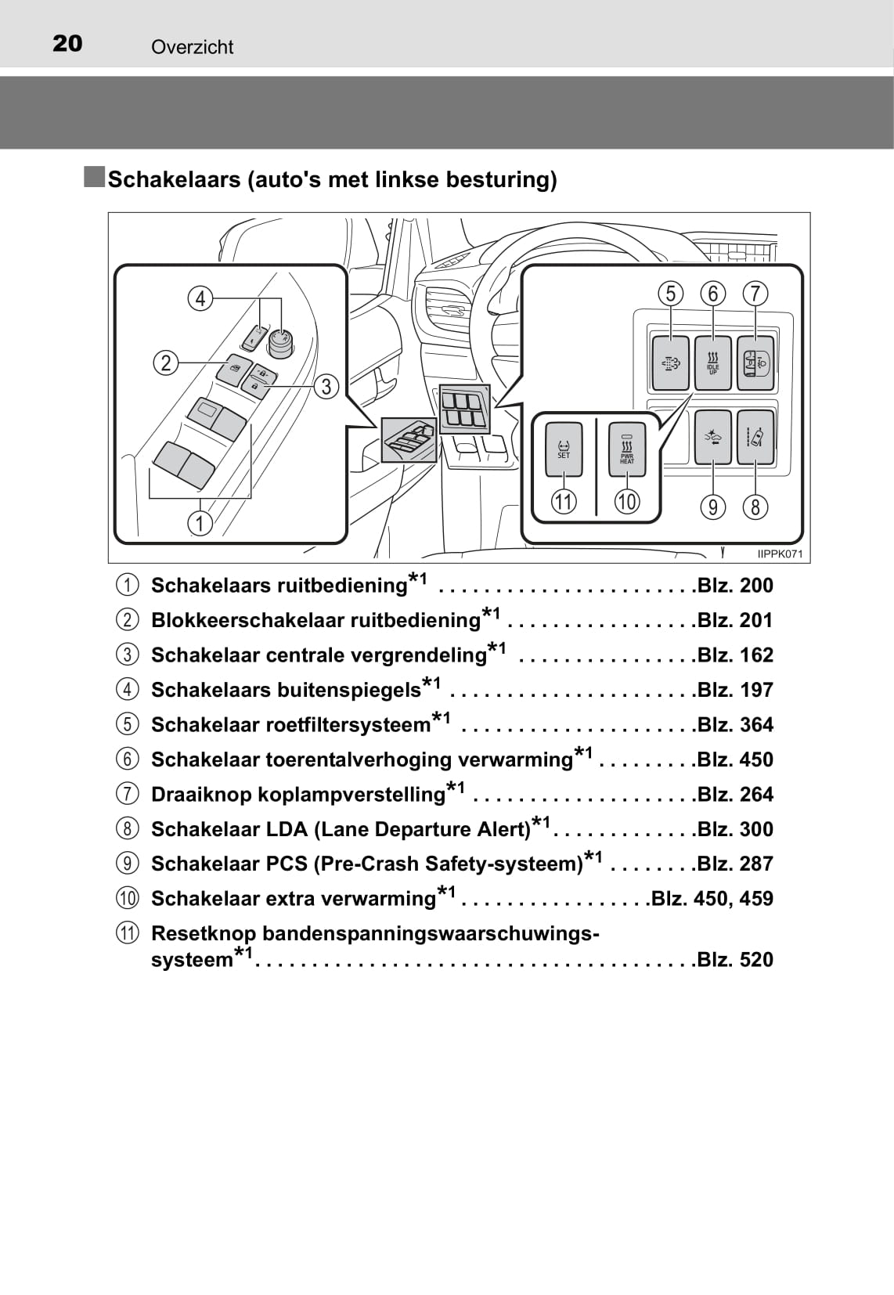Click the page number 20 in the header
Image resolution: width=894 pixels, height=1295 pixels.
pyautogui.click(x=67, y=44)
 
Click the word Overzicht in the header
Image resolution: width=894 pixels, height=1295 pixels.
pyautogui.click(x=192, y=47)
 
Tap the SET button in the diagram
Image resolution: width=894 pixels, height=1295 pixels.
pyautogui.click(x=564, y=448)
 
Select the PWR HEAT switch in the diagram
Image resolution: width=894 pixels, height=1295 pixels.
pyautogui.click(x=627, y=448)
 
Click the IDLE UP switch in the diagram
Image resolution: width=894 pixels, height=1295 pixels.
pyautogui.click(x=712, y=363)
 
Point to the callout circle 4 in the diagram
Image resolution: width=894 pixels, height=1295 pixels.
pyautogui.click(x=200, y=298)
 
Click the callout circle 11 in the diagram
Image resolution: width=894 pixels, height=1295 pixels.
pyautogui.click(x=564, y=501)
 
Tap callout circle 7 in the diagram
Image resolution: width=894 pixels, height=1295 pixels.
pyautogui.click(x=755, y=294)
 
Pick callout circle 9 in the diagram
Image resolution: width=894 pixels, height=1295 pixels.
pyautogui.click(x=712, y=507)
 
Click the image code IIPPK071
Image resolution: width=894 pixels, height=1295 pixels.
pyautogui.click(x=780, y=554)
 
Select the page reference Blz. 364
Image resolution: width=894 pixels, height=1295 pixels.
pyautogui.click(x=735, y=725)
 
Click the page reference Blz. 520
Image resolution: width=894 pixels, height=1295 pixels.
pyautogui.click(x=735, y=960)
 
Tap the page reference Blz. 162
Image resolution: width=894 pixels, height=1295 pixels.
pyautogui.click(x=735, y=655)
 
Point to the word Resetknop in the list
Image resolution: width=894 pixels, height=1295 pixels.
pyautogui.click(x=203, y=933)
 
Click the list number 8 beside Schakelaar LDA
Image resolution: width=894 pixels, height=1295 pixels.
pyautogui.click(x=127, y=829)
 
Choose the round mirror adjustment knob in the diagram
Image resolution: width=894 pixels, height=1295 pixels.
pyautogui.click(x=280, y=341)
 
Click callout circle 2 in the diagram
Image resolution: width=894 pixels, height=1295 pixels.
pyautogui.click(x=166, y=363)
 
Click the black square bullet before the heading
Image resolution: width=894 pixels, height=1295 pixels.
pyautogui.click(x=95, y=177)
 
